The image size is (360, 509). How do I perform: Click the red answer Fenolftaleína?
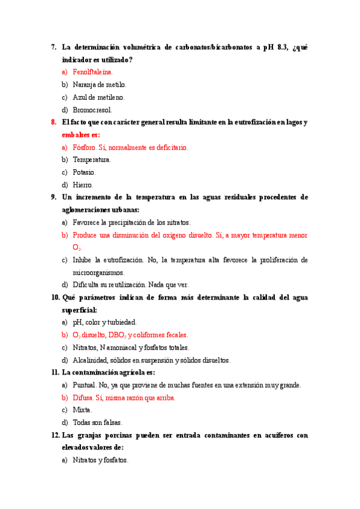pos(92,72)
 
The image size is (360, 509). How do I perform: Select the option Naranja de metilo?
pos(99,85)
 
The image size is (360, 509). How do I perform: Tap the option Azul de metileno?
pos(98,97)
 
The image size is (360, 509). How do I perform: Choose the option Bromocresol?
pos(92,110)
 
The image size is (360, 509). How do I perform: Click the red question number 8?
pos(53,122)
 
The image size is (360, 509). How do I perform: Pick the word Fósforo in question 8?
pos(84,147)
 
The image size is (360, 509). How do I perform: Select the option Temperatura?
pos(91,160)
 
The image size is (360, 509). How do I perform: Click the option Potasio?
pos(84,172)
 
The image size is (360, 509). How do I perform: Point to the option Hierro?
pos(83,185)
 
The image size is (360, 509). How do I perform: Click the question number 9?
pos(53,197)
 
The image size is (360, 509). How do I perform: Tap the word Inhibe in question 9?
pos(82,260)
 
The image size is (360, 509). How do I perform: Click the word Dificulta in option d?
pos(86,285)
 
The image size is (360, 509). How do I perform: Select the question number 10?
pos(55,298)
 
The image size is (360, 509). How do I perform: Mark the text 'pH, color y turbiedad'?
pos(104,322)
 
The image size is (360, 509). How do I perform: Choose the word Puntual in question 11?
pos(85,385)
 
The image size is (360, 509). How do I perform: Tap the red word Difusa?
pos(83,397)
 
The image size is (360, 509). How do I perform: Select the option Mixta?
pos(82,410)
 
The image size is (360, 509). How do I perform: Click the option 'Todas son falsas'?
pos(97,423)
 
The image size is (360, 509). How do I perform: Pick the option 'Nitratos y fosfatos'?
pos(100,460)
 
